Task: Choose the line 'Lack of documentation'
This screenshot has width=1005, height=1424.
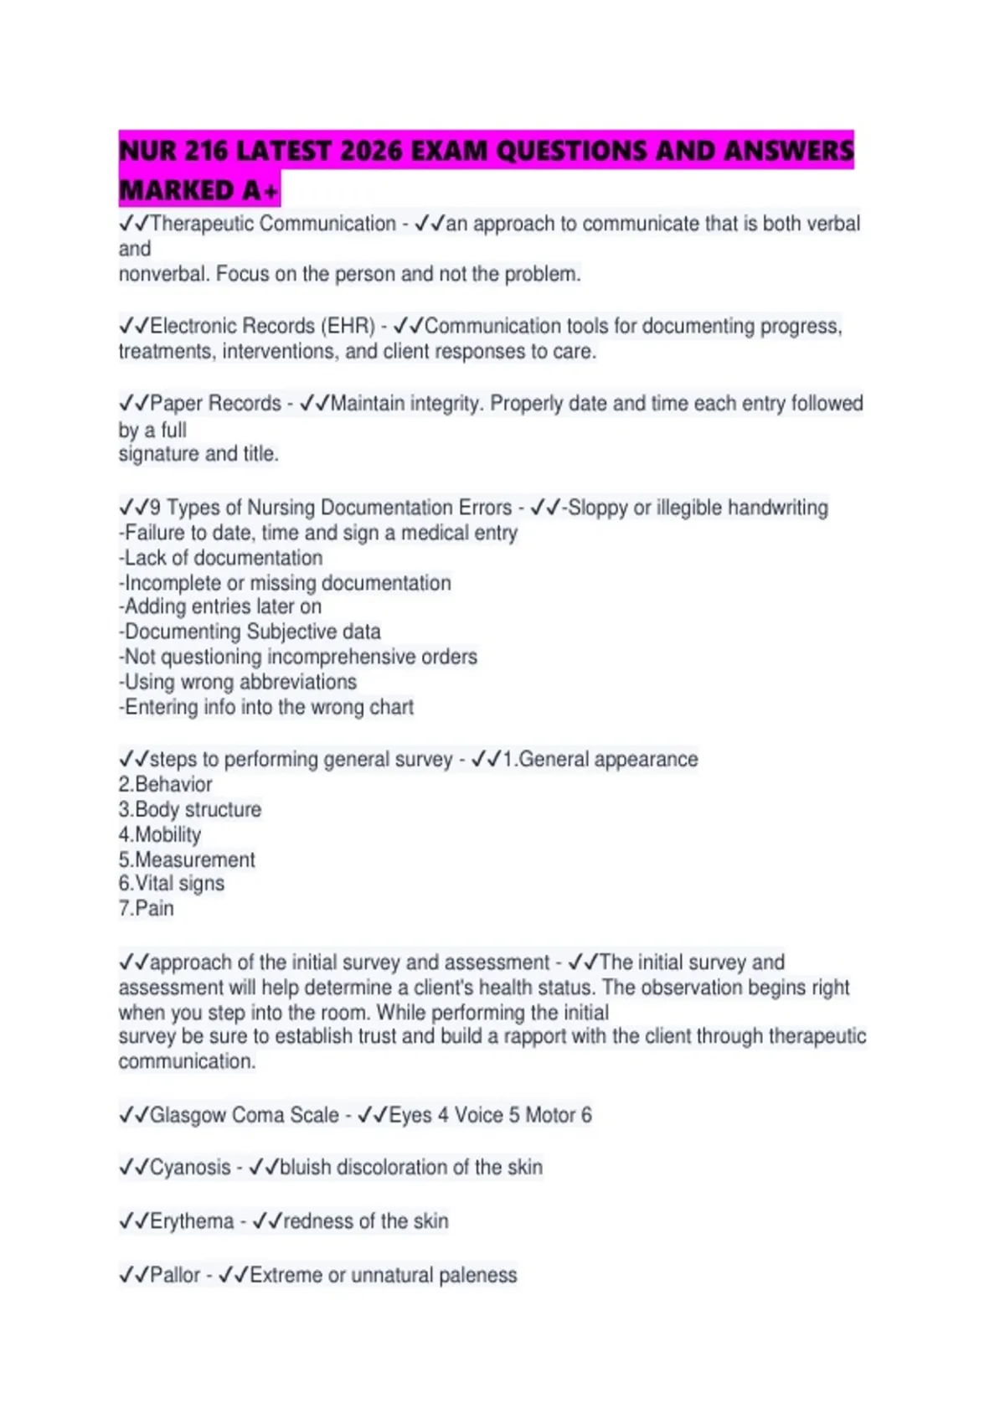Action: [221, 558]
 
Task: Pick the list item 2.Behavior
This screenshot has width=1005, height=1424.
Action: [165, 784]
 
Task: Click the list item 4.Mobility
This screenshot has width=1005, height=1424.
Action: [160, 834]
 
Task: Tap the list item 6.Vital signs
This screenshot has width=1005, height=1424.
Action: [172, 883]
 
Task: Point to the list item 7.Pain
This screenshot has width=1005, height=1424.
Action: [147, 908]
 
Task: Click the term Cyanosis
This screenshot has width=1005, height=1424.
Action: [190, 1167]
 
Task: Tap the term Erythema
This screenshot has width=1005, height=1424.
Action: [192, 1221]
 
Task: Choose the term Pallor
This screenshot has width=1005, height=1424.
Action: [175, 1275]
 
